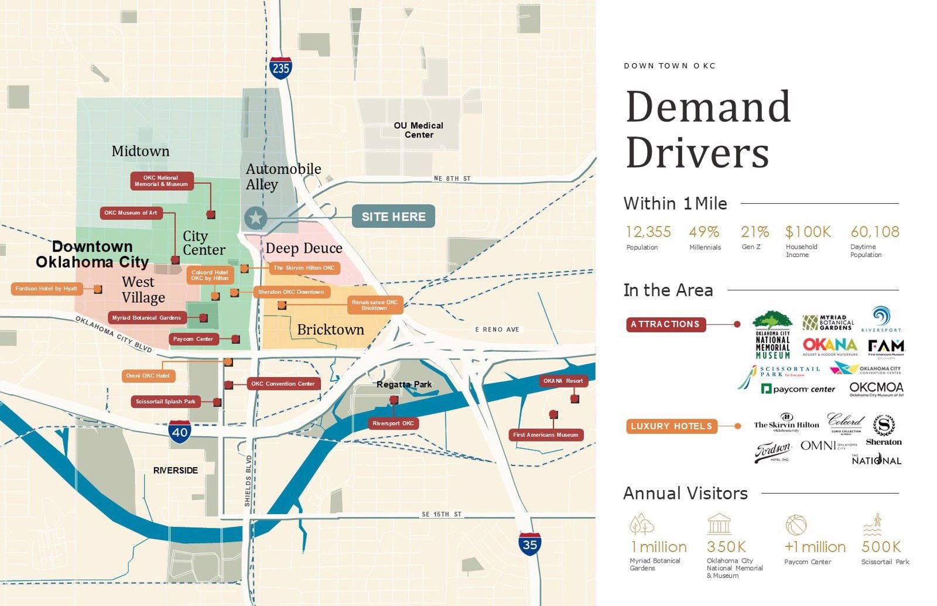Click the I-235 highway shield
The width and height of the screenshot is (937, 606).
click(281, 68)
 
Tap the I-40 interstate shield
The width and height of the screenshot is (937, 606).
click(179, 432)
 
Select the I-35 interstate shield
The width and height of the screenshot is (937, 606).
click(529, 544)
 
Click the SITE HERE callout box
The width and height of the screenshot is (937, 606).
click(394, 217)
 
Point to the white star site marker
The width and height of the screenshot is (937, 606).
click(255, 218)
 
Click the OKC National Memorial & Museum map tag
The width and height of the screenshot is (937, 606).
click(162, 181)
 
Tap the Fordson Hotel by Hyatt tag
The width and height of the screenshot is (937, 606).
click(46, 289)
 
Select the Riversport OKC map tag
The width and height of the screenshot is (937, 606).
click(393, 423)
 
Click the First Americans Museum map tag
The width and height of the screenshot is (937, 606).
click(545, 435)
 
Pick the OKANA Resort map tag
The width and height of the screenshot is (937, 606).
click(563, 381)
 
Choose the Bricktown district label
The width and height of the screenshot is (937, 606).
click(330, 330)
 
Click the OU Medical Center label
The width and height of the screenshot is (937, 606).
click(419, 130)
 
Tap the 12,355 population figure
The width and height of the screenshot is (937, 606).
click(648, 232)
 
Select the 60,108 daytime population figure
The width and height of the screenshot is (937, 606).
click(874, 232)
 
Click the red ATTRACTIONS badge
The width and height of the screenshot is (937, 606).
click(665, 324)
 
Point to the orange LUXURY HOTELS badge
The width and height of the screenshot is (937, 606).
click(671, 426)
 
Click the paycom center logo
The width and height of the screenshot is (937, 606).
click(798, 389)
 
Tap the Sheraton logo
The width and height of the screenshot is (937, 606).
click(884, 430)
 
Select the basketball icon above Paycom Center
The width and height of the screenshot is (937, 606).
click(796, 525)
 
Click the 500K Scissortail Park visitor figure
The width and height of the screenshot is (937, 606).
click(881, 547)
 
